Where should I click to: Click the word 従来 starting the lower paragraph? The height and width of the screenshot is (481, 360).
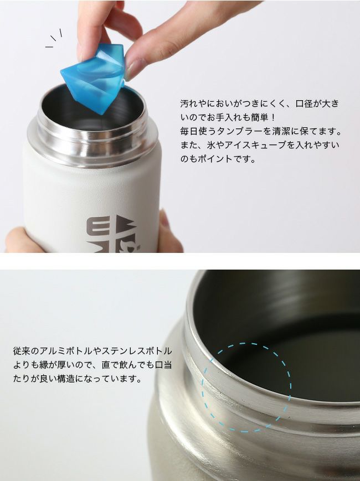22,350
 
